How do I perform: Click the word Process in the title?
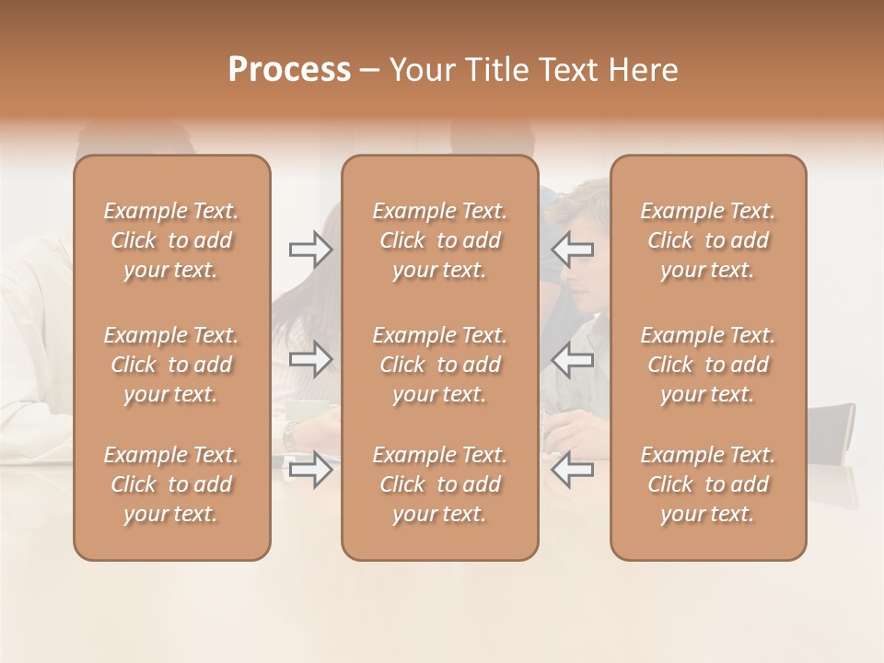[x=289, y=70]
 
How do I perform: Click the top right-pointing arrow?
[x=310, y=250]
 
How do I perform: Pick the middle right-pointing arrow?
[x=310, y=359]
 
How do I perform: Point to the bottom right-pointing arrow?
[x=310, y=470]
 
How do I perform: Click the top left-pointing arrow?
[x=573, y=250]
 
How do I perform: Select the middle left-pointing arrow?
[x=573, y=359]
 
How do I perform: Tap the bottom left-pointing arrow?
[x=573, y=470]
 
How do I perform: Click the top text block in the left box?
[x=171, y=240]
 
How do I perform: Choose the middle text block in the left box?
[x=171, y=365]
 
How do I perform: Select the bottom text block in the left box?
[x=171, y=484]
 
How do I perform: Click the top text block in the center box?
[x=440, y=240]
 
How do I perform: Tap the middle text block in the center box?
[x=440, y=365]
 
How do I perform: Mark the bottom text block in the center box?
[x=440, y=484]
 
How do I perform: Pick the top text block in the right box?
[x=708, y=240]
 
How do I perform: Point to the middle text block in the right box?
[x=708, y=365]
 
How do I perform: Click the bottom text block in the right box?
[x=708, y=484]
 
